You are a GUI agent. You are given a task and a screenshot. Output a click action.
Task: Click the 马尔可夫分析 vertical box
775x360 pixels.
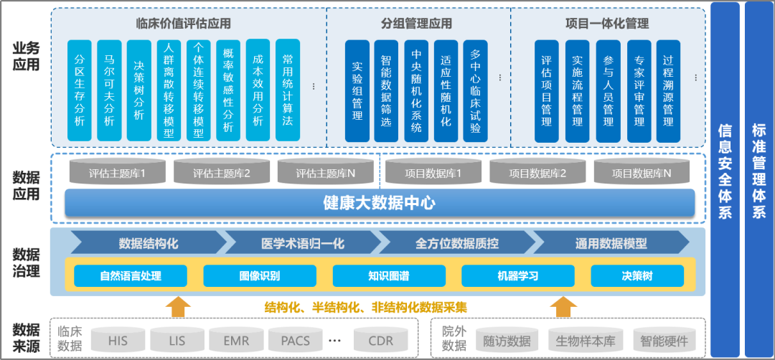point(109,90)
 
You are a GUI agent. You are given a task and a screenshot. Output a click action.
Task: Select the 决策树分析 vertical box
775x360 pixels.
point(139,90)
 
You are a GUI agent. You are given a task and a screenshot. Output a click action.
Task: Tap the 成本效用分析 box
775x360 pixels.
point(258,90)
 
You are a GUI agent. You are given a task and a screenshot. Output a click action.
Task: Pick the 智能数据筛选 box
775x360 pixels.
point(386,90)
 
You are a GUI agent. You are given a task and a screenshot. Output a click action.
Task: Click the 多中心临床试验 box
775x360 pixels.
point(475,90)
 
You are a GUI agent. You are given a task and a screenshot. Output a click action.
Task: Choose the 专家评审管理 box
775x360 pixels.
point(639,90)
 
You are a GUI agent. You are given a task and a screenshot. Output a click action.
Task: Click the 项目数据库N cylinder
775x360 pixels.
point(642,173)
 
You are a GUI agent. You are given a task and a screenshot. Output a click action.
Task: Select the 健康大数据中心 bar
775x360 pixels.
point(380,203)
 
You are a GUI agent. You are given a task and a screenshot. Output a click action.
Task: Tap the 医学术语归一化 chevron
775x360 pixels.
point(302,243)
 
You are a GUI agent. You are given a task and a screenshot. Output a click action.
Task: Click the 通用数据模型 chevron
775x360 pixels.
point(611,243)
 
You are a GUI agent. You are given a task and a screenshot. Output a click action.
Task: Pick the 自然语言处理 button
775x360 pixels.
point(131,275)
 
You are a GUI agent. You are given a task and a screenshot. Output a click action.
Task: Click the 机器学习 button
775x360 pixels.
point(517,275)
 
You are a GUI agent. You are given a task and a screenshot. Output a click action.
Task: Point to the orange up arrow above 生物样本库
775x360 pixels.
point(563,306)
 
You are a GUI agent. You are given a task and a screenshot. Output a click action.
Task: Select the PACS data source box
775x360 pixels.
point(296,341)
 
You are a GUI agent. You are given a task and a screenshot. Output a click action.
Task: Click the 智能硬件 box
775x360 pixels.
point(664,341)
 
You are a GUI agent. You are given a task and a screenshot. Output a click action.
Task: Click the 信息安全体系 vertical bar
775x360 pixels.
point(725,172)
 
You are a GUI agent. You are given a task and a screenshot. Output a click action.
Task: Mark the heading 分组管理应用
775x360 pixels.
point(416,24)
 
